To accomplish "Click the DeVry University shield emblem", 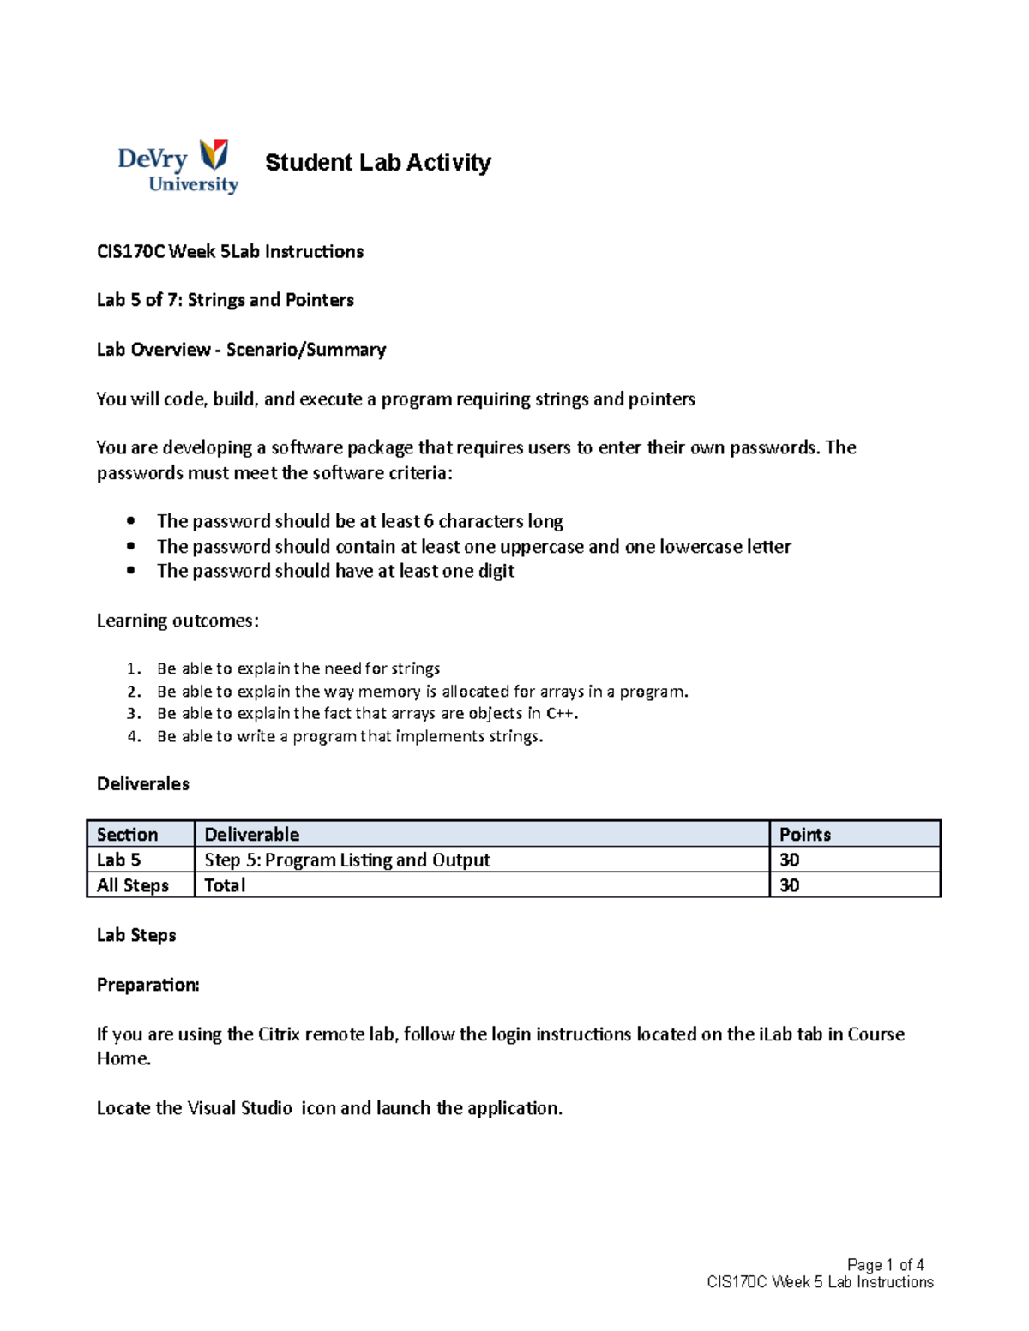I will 214,155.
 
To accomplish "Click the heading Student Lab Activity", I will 377,163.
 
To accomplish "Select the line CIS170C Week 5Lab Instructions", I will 230,251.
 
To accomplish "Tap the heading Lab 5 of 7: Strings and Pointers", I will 225,300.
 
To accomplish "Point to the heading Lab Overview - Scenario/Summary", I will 241,350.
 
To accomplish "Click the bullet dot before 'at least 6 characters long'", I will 130,520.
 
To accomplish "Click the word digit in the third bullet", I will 496,571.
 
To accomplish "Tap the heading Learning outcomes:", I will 178,621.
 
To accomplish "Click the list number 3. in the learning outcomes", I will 133,714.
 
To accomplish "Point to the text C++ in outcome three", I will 555,714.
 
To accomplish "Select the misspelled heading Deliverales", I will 143,784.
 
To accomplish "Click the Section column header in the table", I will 127,835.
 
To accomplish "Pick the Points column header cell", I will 804,835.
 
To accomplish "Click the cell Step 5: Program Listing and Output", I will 347,860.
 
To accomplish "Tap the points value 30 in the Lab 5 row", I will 789,860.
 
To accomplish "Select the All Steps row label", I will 133,885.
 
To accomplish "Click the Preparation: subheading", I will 147,985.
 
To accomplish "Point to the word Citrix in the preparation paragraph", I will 279,1034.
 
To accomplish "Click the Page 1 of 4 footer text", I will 885,1265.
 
